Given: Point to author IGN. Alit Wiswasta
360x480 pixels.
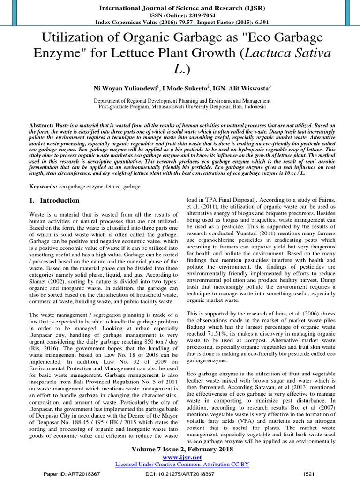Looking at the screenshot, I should click(240, 88).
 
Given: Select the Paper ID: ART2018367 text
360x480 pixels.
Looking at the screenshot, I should click(72, 475).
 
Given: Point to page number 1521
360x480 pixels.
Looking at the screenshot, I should click(309, 475).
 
